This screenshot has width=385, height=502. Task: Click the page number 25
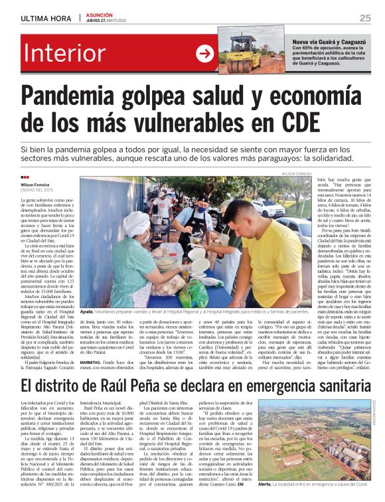pos(365,18)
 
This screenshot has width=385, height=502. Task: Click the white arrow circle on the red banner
pos(204,54)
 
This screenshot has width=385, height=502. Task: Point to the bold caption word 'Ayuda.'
pos(87,311)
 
